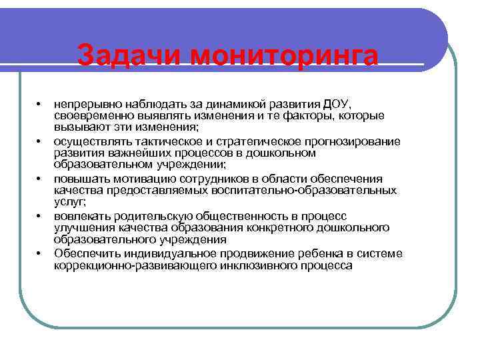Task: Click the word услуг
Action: click(x=68, y=202)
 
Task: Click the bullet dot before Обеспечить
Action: click(x=39, y=253)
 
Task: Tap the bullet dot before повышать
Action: click(x=39, y=179)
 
